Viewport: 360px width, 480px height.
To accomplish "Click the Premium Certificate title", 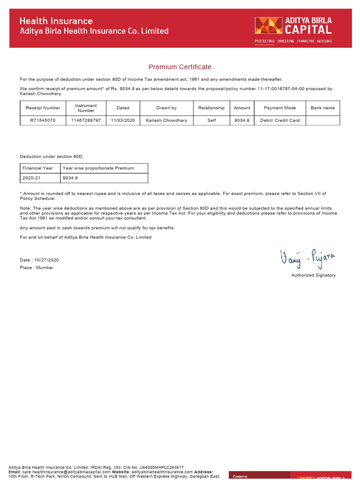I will pos(180,67).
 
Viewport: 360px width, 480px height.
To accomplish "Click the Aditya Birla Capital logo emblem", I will pos(269,25).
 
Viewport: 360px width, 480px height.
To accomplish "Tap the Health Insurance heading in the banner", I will pos(56,21).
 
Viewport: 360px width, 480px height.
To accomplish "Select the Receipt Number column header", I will pos(43,108).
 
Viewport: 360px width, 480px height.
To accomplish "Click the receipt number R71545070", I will pos(43,120).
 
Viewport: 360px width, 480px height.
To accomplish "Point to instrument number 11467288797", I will pos(86,120).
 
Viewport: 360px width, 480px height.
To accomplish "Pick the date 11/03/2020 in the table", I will pos(123,120).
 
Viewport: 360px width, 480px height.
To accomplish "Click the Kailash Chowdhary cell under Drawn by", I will pos(166,120).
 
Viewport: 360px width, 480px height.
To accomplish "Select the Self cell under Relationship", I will pos(211,120).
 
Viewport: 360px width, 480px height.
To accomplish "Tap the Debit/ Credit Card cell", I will pos(280,120).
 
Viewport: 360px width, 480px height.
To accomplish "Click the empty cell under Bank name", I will pos(323,120).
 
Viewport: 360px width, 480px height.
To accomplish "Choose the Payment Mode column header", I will pos(280,108).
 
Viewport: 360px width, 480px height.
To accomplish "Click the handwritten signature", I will pos(307,258).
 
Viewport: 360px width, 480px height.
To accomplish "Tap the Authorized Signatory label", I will pos(313,275).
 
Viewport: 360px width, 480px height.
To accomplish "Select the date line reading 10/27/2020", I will pos(39,260).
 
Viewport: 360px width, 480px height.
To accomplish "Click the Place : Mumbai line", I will pos(37,268).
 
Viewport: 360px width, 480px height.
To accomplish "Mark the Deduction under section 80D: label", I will pos(52,156).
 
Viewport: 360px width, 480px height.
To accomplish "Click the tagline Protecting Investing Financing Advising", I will pos(293,41).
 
